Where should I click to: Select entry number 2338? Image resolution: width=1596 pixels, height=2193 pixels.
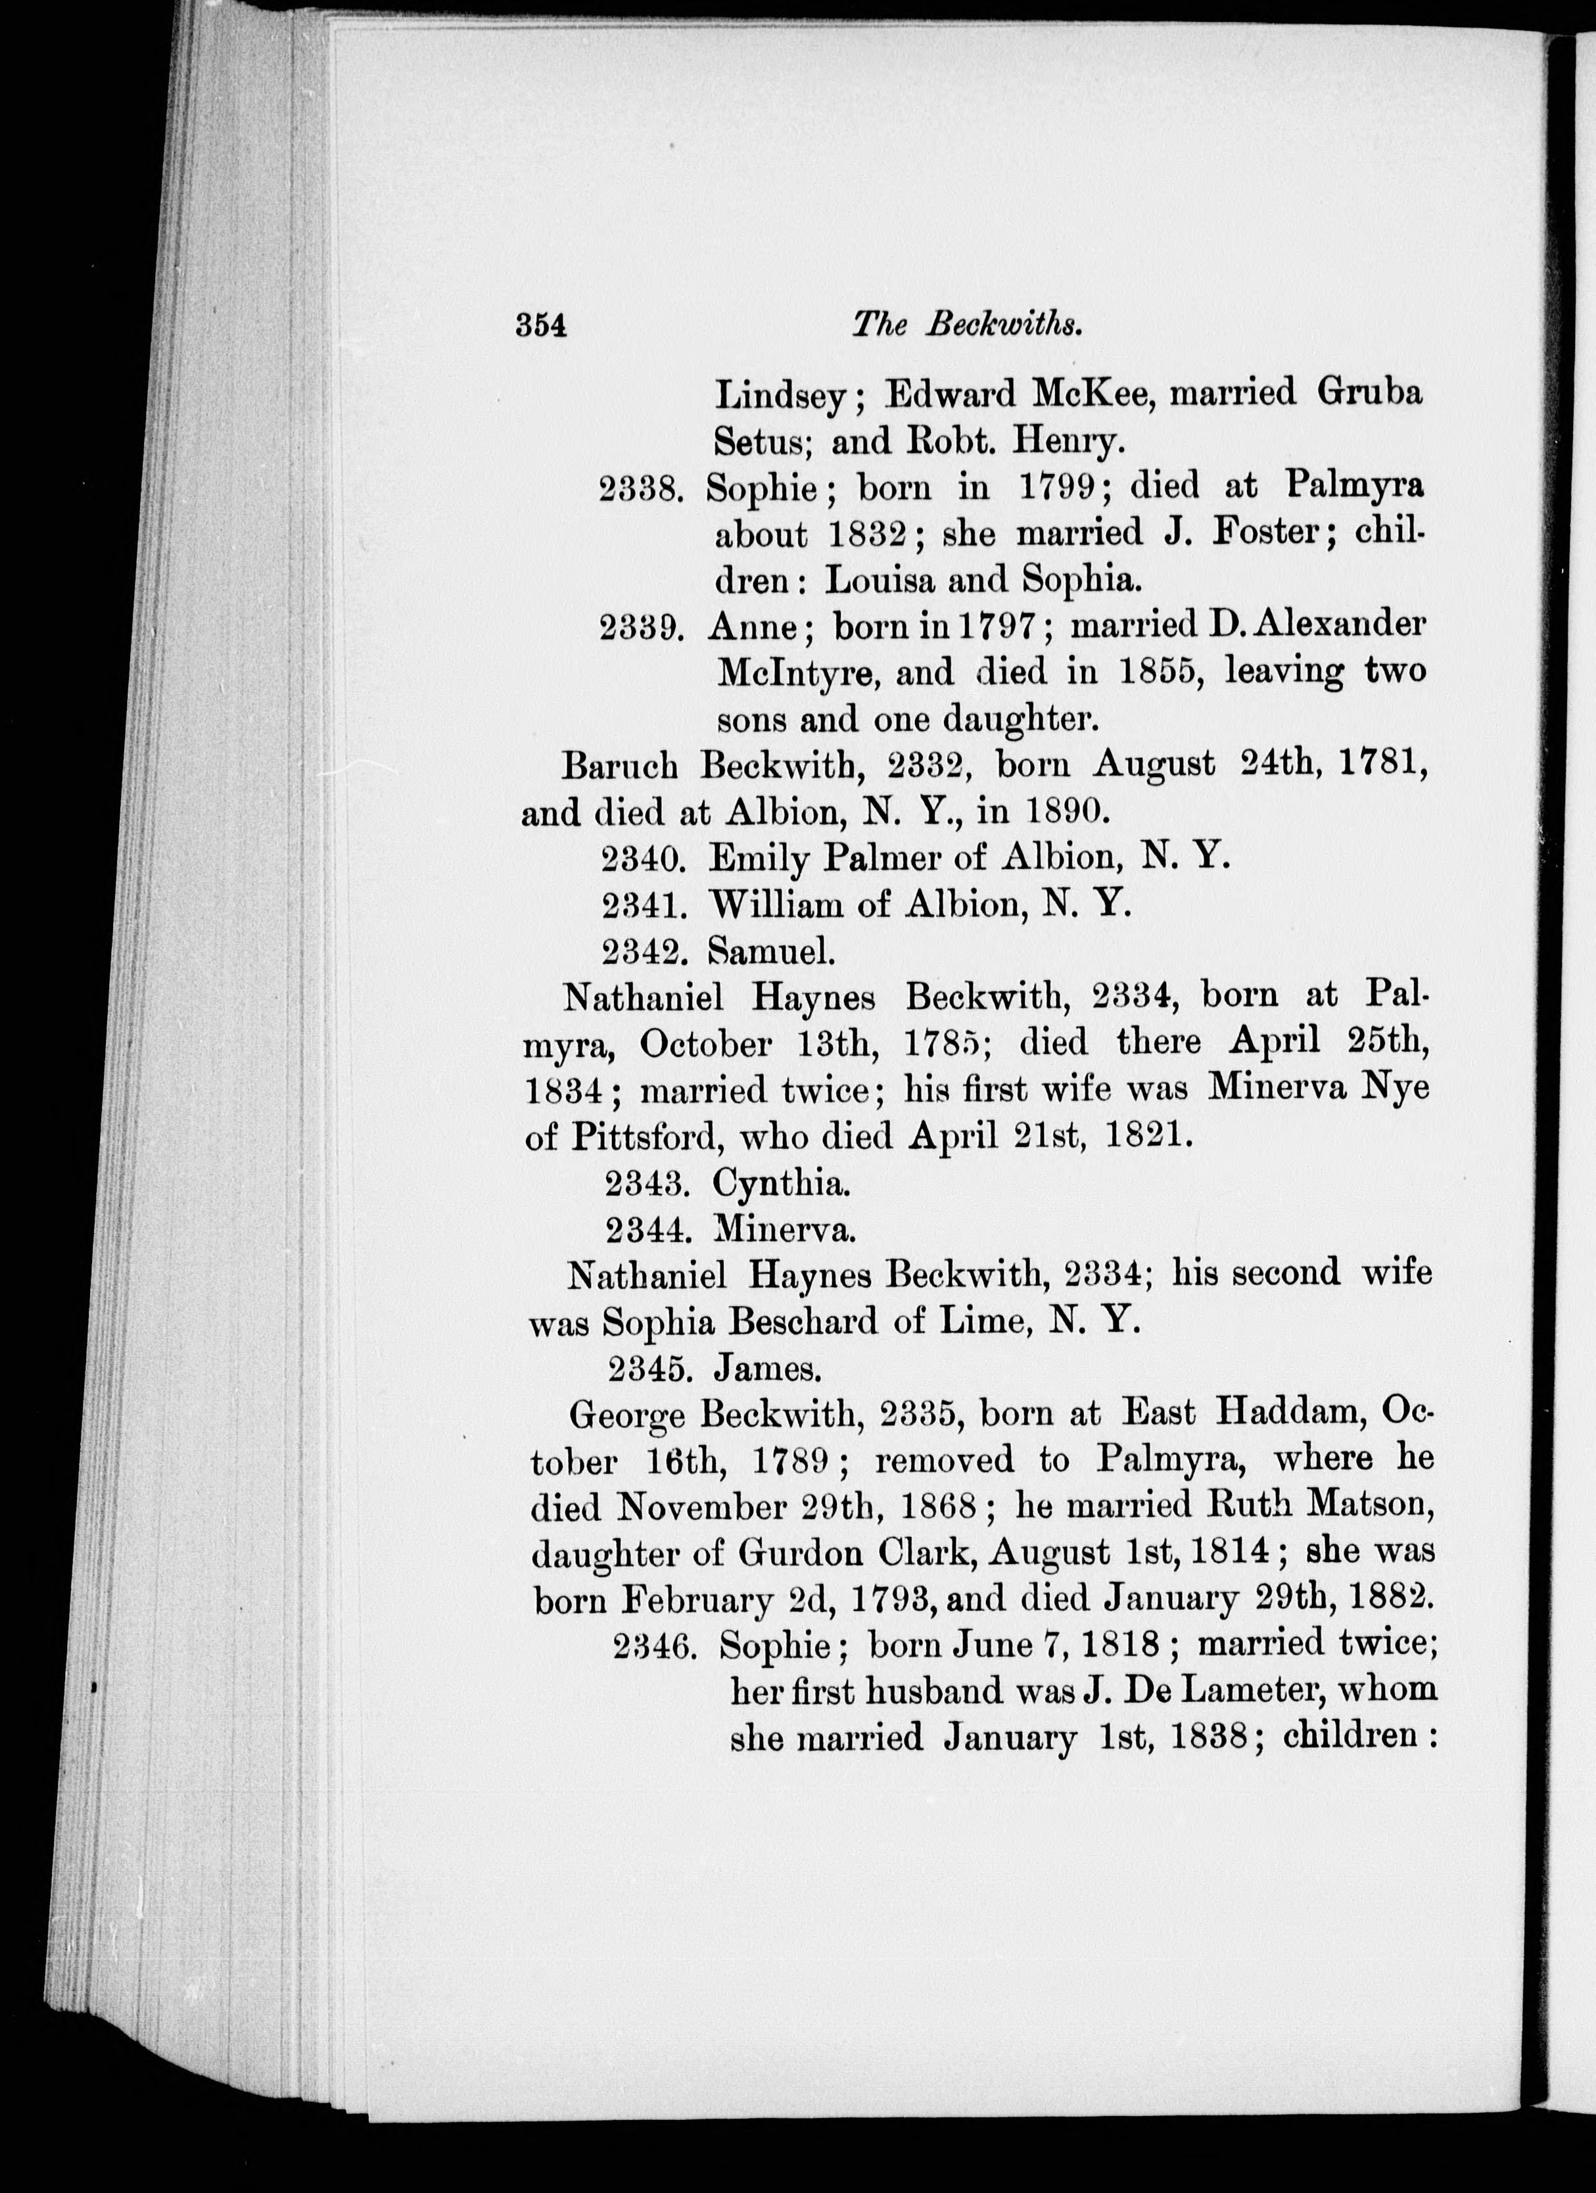click(x=642, y=487)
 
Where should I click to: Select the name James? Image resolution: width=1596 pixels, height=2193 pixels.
click(x=768, y=1369)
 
